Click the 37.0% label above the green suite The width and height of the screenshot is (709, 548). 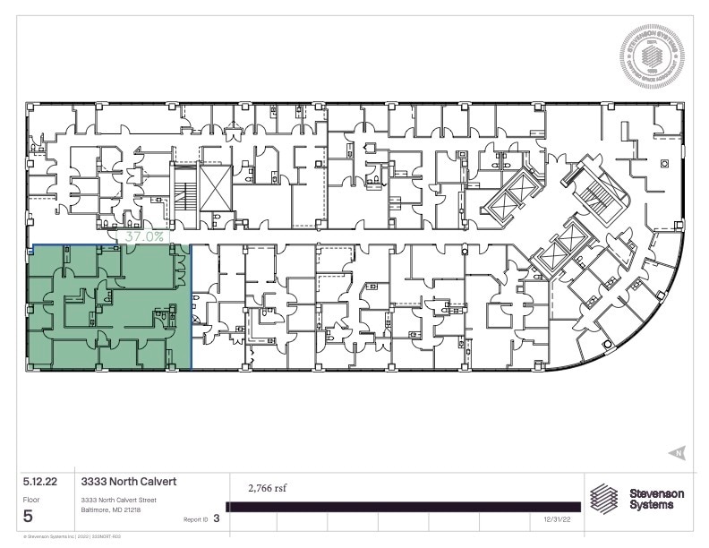pyautogui.click(x=144, y=237)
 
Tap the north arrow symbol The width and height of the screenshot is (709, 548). pyautogui.click(x=678, y=452)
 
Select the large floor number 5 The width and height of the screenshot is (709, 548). pyautogui.click(x=30, y=516)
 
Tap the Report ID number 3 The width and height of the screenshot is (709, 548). pyautogui.click(x=217, y=518)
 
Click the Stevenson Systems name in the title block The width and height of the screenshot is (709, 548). pyautogui.click(x=656, y=499)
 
